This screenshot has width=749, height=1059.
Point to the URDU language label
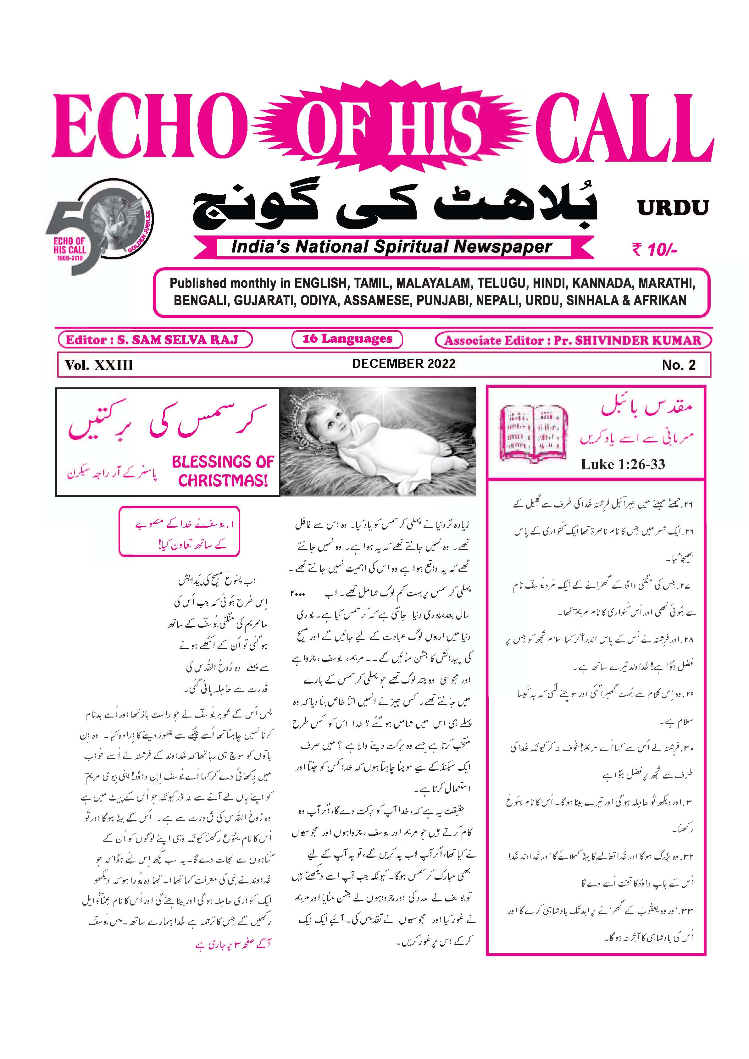[673, 208]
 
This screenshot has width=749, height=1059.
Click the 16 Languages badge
[347, 339]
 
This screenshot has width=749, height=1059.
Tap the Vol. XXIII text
[99, 365]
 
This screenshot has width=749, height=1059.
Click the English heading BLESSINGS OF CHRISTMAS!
[223, 471]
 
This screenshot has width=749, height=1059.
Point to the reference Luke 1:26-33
[623, 464]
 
